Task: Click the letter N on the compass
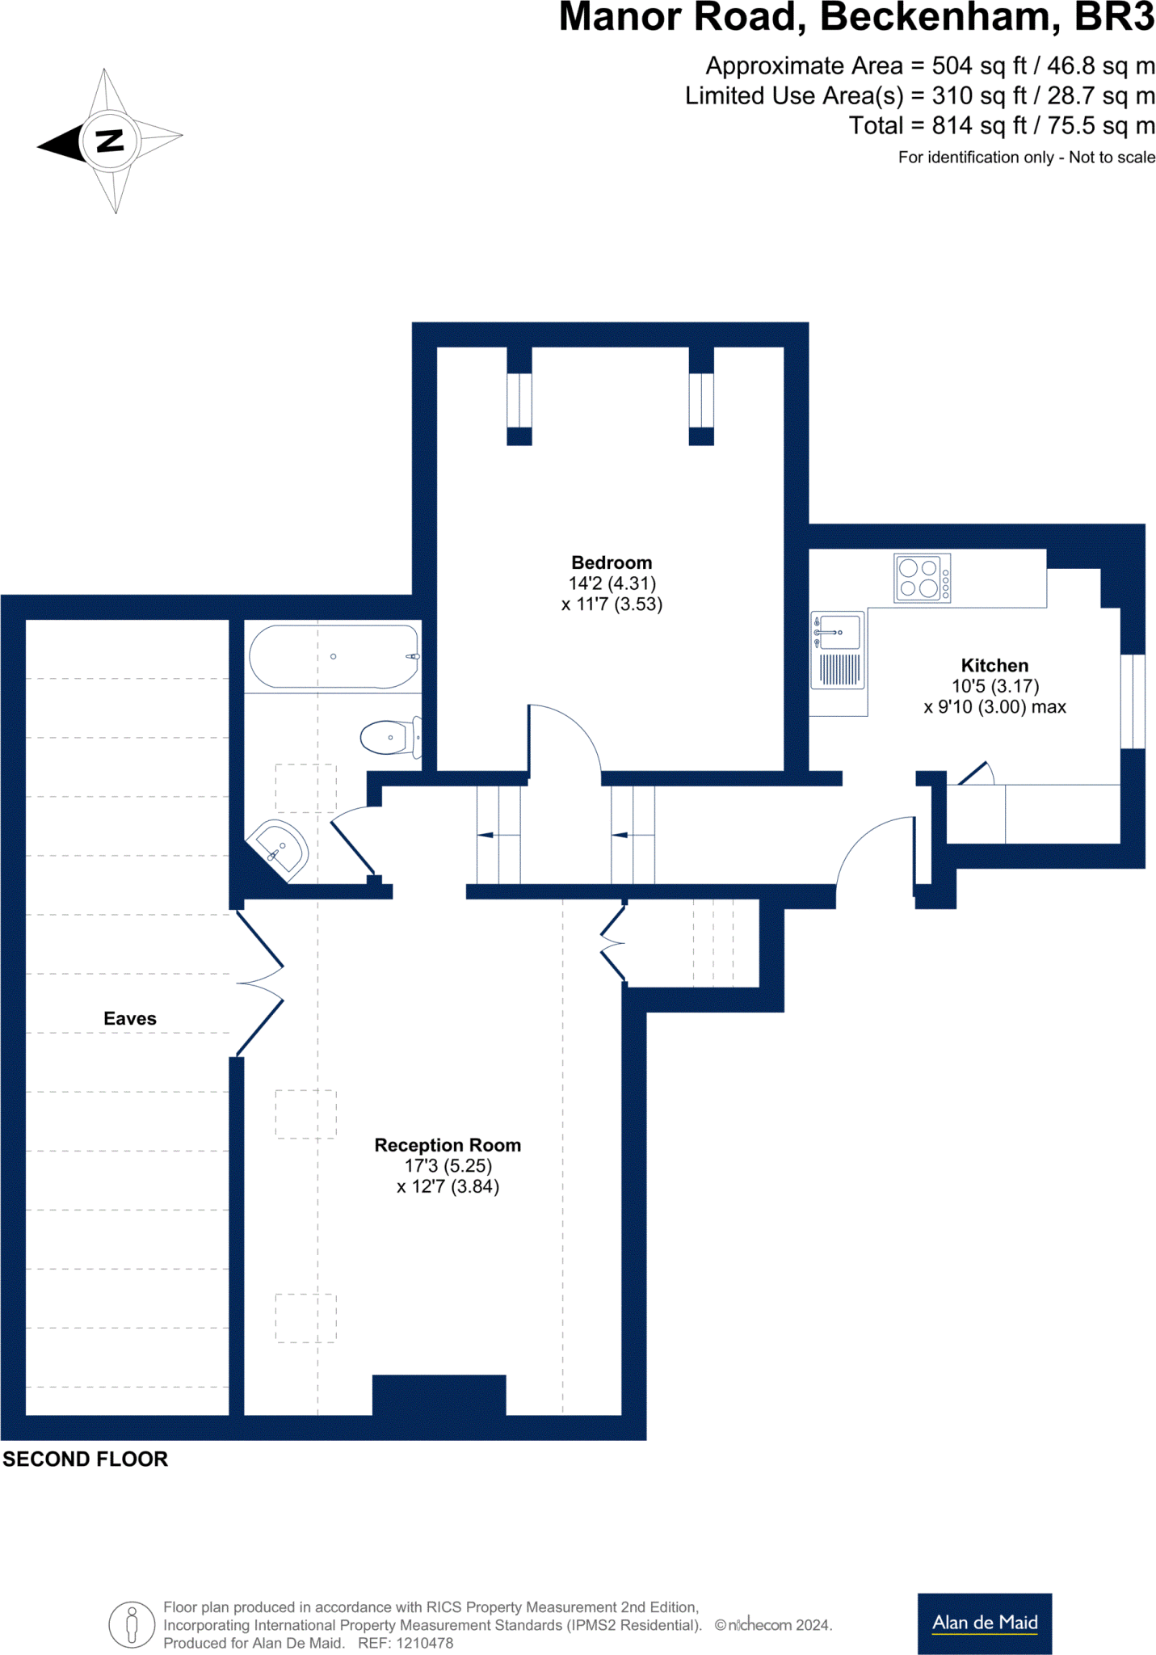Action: [x=110, y=141]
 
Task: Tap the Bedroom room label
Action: [x=612, y=562]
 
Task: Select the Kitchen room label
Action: [x=994, y=665]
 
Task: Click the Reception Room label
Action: [x=448, y=1144]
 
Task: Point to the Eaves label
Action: [x=130, y=1018]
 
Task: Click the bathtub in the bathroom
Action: [x=334, y=656]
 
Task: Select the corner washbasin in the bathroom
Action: [x=279, y=849]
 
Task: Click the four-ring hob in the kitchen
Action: [x=922, y=578]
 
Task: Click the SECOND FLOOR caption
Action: [x=86, y=1459]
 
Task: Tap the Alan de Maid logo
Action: [x=984, y=1623]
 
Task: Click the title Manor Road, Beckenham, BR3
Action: [x=856, y=18]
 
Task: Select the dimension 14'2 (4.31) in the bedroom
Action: [x=612, y=583]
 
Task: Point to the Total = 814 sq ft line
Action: [x=1002, y=126]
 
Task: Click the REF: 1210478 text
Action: [x=406, y=1643]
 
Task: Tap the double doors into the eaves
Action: [x=260, y=983]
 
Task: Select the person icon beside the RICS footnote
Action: [x=132, y=1624]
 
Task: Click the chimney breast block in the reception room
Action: [x=439, y=1395]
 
